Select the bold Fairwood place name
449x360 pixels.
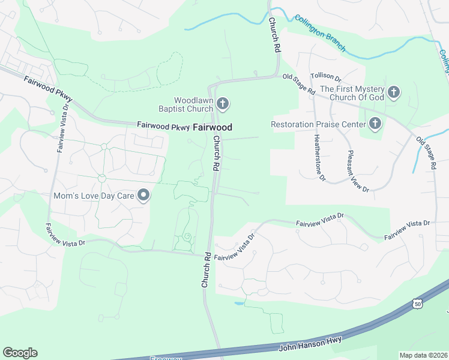(x=212, y=127)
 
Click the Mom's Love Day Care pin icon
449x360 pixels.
(x=143, y=196)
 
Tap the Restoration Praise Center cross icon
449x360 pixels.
(x=375, y=124)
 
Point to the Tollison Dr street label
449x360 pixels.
(x=325, y=77)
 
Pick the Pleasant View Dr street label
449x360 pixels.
(x=358, y=171)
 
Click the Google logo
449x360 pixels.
(x=20, y=353)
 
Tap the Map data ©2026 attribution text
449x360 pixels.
(x=423, y=355)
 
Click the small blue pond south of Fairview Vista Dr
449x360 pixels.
(x=239, y=304)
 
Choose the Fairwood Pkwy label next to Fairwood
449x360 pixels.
(x=163, y=127)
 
